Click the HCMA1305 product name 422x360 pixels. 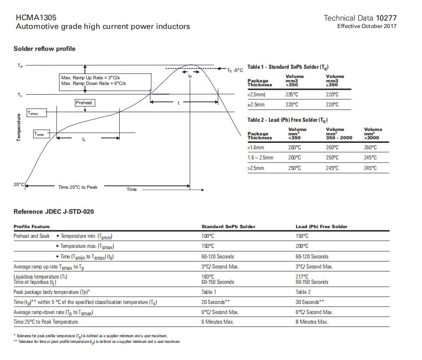pyautogui.click(x=36, y=18)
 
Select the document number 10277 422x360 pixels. pyautogui.click(x=386, y=18)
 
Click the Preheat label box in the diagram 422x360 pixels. pyautogui.click(x=84, y=102)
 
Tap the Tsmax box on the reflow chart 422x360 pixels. pyautogui.click(x=36, y=113)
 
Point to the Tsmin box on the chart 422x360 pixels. pyautogui.click(x=42, y=134)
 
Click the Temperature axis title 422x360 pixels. pyautogui.click(x=18, y=127)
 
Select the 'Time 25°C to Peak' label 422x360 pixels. pyautogui.click(x=78, y=187)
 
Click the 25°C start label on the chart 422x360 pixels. pyautogui.click(x=18, y=184)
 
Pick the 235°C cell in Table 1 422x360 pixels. pyautogui.click(x=292, y=95)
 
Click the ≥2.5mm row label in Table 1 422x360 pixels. pyautogui.click(x=256, y=105)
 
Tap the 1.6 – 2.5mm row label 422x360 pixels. pyautogui.click(x=260, y=158)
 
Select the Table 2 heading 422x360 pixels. pyautogui.click(x=287, y=120)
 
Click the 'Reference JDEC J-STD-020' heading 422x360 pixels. pyautogui.click(x=53, y=212)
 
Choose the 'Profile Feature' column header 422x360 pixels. pyautogui.click(x=32, y=226)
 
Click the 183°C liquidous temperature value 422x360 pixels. pyautogui.click(x=208, y=276)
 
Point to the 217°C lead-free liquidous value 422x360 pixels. pyautogui.click(x=302, y=276)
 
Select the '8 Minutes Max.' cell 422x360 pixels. pyautogui.click(x=312, y=322)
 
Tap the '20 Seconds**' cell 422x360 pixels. pyautogui.click(x=216, y=302)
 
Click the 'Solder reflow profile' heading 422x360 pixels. pyautogui.click(x=44, y=49)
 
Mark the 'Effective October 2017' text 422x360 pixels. pyautogui.click(x=367, y=26)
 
